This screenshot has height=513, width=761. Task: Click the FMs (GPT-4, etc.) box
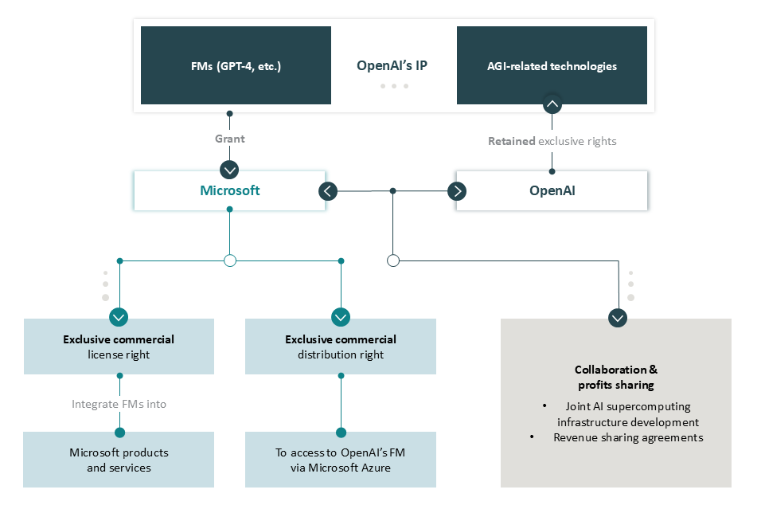pyautogui.click(x=236, y=65)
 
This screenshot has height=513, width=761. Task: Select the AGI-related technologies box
pyautogui.click(x=552, y=65)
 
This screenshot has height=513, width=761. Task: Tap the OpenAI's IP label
pyautogui.click(x=392, y=65)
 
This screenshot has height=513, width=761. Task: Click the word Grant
pyautogui.click(x=230, y=139)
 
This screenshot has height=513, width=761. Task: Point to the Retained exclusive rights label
pyautogui.click(x=552, y=141)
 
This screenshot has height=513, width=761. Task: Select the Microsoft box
pyautogui.click(x=229, y=190)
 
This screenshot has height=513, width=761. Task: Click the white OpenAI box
pyautogui.click(x=552, y=191)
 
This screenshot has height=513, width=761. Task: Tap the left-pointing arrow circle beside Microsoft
pyautogui.click(x=328, y=191)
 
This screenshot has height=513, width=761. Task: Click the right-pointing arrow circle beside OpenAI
pyautogui.click(x=457, y=191)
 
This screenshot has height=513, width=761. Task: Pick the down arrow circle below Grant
pyautogui.click(x=229, y=170)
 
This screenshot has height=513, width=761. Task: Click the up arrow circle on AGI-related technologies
pyautogui.click(x=552, y=104)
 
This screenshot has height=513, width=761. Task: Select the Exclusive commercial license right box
pyautogui.click(x=119, y=347)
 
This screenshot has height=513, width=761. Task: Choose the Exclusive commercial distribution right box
pyautogui.click(x=341, y=347)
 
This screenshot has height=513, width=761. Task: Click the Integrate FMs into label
pyautogui.click(x=119, y=404)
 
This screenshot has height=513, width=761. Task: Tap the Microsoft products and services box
pyautogui.click(x=119, y=460)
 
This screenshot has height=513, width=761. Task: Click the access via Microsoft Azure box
pyautogui.click(x=341, y=460)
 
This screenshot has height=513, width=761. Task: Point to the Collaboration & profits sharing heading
pyautogui.click(x=616, y=378)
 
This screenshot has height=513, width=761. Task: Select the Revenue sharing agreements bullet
pyautogui.click(x=628, y=437)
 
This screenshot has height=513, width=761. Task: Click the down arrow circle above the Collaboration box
pyautogui.click(x=618, y=318)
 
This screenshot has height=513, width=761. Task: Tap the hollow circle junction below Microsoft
pyautogui.click(x=230, y=260)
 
